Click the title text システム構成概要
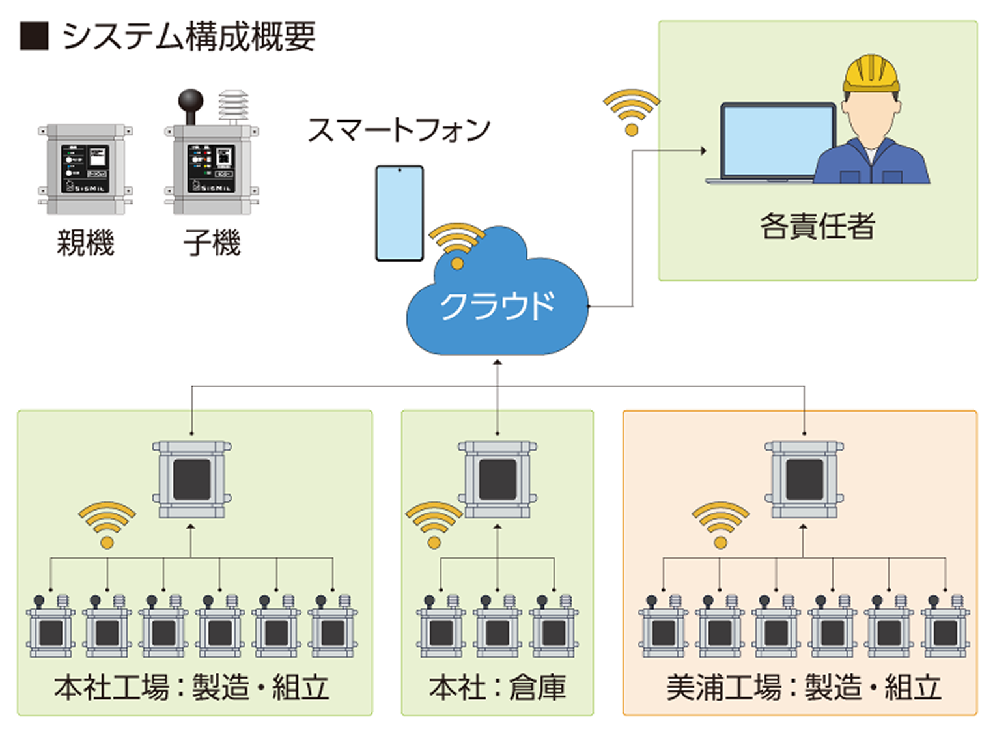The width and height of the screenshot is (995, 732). [189, 36]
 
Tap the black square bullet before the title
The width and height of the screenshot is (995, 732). [34, 36]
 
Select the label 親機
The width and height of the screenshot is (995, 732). [85, 243]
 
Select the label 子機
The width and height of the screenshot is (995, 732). [212, 243]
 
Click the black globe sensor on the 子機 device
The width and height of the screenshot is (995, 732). [190, 102]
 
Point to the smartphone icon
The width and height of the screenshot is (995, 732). [399, 213]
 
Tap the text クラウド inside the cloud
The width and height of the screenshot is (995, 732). [497, 305]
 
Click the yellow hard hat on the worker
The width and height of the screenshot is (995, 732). [871, 72]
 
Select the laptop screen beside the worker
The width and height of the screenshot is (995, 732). [778, 141]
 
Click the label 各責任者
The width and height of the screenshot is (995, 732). [817, 226]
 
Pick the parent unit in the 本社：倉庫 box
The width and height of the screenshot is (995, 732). [497, 479]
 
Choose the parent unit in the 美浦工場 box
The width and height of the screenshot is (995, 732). [804, 479]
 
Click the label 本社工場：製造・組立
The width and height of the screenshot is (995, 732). [191, 688]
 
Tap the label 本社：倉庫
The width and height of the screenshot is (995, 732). [497, 688]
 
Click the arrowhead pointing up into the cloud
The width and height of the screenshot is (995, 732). [497, 362]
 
